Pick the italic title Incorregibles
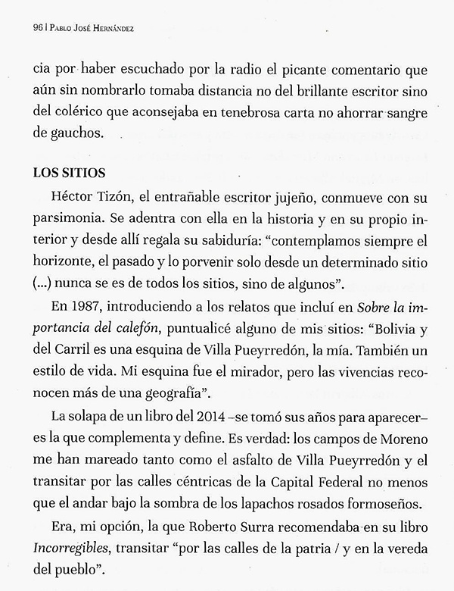[x=74, y=555]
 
